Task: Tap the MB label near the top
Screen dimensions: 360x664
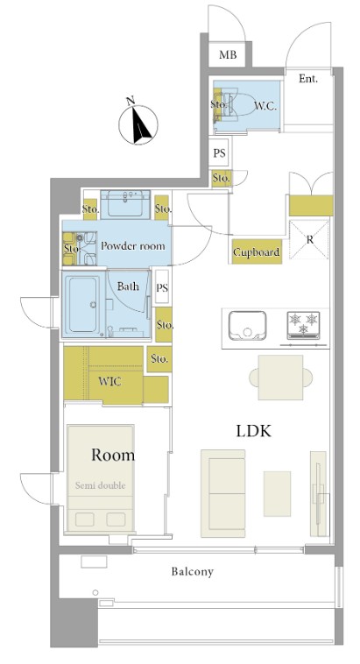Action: click(x=228, y=54)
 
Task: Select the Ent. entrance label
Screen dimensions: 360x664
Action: click(x=308, y=78)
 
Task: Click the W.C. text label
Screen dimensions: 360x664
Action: click(x=265, y=106)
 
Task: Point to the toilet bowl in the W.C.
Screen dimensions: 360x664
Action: click(x=237, y=103)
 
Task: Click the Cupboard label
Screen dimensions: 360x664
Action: click(x=257, y=252)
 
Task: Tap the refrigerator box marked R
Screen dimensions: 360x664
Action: click(x=309, y=239)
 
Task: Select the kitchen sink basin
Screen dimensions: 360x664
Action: click(x=247, y=326)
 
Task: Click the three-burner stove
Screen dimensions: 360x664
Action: click(x=303, y=326)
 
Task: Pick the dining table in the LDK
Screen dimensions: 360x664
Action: click(x=281, y=378)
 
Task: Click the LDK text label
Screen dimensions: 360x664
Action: click(x=253, y=431)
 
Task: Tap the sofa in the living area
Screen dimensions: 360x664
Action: click(x=222, y=493)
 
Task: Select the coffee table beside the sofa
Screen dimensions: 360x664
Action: click(x=277, y=494)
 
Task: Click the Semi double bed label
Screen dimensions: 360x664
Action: click(x=101, y=485)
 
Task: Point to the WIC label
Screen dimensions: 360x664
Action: click(x=109, y=382)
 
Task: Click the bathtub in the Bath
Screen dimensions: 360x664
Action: click(x=83, y=304)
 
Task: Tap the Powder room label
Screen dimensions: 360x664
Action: click(x=132, y=245)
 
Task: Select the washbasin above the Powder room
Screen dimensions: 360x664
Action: click(x=125, y=204)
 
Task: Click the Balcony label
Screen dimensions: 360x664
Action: click(x=193, y=572)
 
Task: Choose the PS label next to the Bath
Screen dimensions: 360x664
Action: click(x=162, y=288)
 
